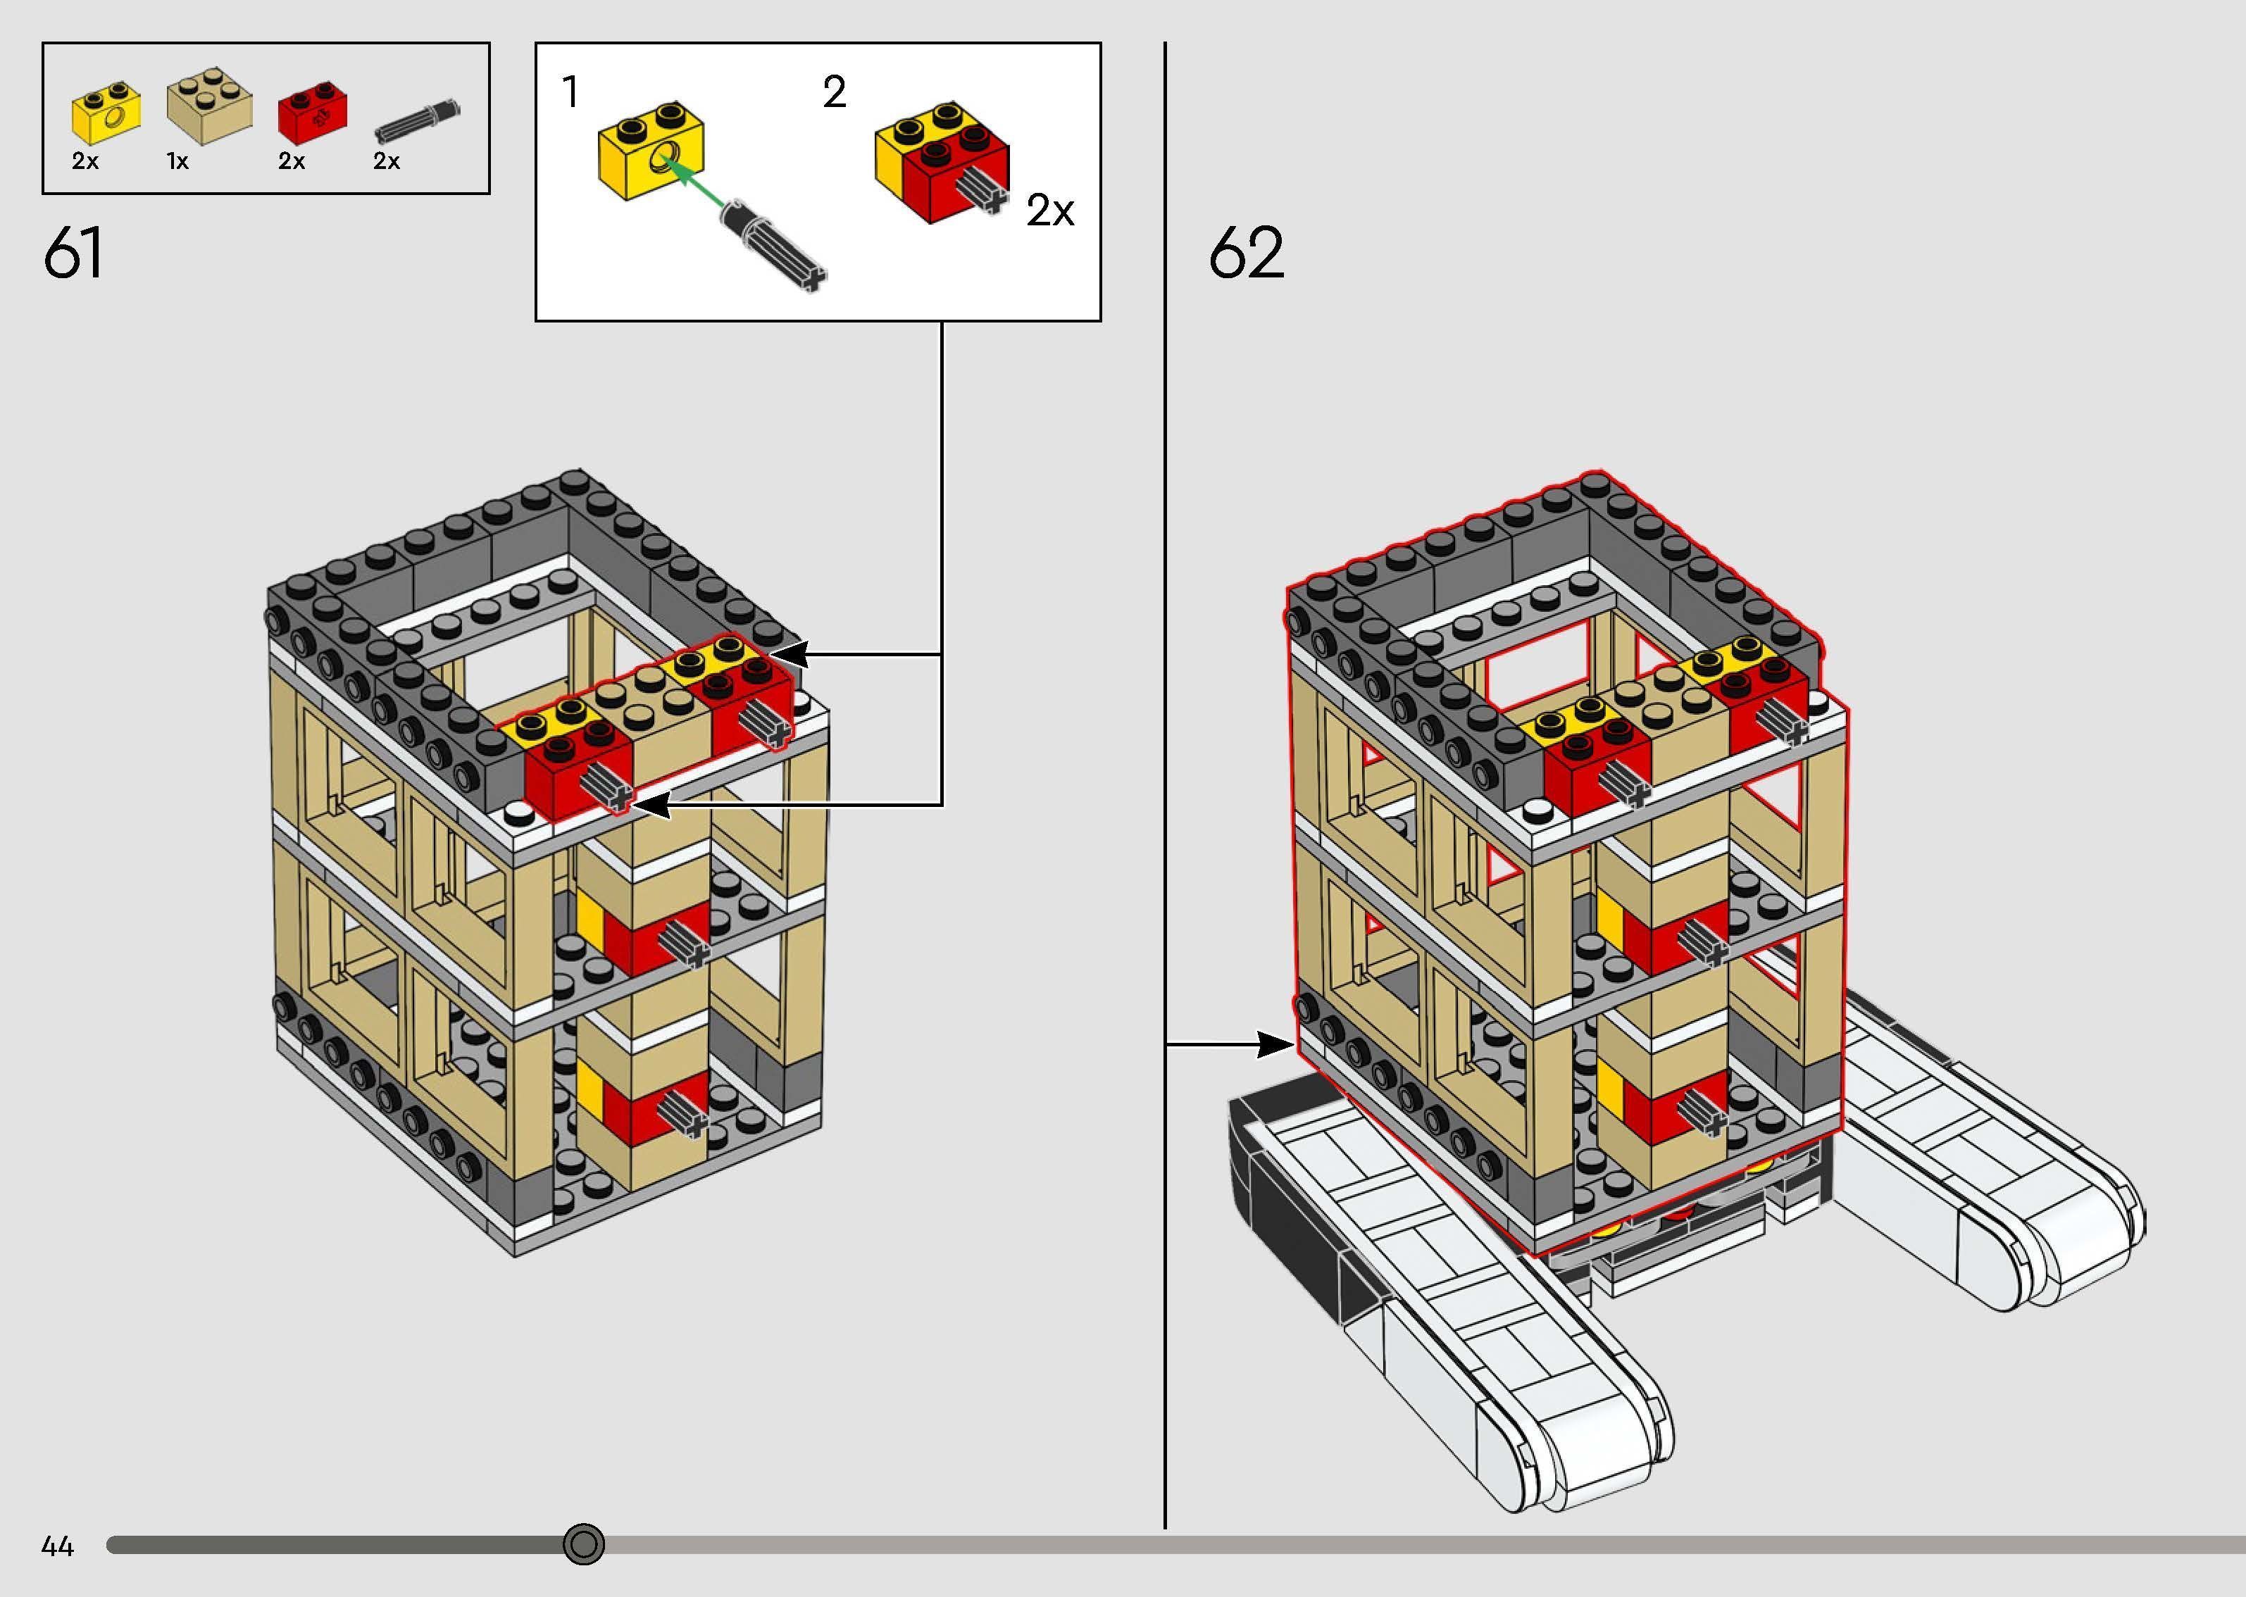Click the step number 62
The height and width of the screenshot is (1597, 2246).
pyautogui.click(x=1246, y=253)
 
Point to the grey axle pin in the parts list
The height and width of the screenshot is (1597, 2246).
pyautogui.click(x=417, y=119)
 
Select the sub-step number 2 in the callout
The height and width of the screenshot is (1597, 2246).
pyautogui.click(x=834, y=92)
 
